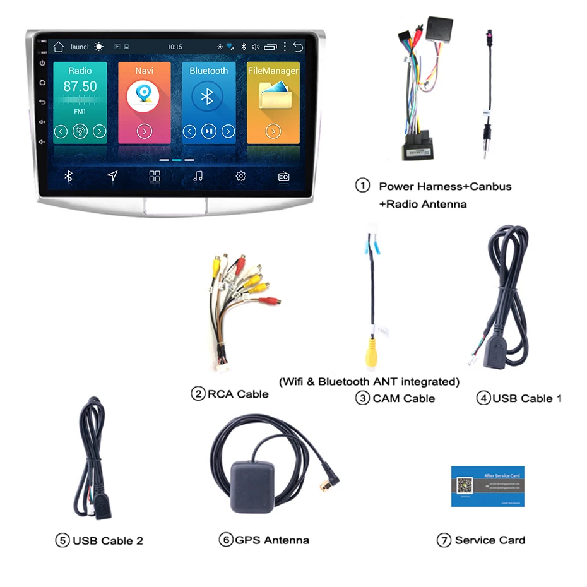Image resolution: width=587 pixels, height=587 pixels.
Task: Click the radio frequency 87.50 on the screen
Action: (80, 86)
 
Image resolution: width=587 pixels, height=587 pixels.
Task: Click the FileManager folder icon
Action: (273, 95)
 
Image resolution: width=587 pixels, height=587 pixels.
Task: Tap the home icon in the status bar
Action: (59, 47)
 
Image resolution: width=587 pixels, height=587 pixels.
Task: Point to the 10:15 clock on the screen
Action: (175, 47)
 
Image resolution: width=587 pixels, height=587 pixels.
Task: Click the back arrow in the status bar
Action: (298, 47)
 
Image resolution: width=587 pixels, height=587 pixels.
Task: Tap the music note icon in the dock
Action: (198, 176)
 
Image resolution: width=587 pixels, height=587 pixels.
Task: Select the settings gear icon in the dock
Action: (240, 176)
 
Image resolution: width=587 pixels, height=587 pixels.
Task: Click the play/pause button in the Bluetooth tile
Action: (208, 131)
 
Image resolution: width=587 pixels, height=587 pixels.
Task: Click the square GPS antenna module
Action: (251, 485)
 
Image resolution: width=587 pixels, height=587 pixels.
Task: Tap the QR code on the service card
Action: (465, 486)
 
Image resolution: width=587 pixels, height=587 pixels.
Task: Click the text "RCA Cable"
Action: (238, 394)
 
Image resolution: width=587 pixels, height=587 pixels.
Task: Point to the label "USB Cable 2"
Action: (107, 541)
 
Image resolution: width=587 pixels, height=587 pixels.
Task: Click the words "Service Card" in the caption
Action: (489, 540)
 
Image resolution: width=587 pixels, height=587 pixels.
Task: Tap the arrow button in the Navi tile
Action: (144, 131)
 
